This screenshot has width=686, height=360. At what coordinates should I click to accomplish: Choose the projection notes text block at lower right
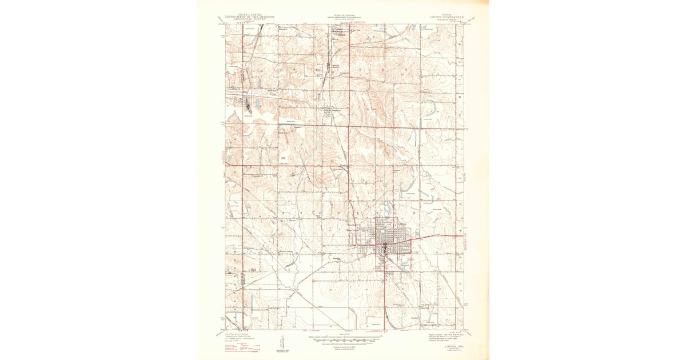tap(443, 334)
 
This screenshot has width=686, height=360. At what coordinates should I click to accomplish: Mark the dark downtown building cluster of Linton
tap(386, 247)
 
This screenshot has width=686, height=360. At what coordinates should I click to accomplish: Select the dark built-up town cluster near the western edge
tap(247, 106)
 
